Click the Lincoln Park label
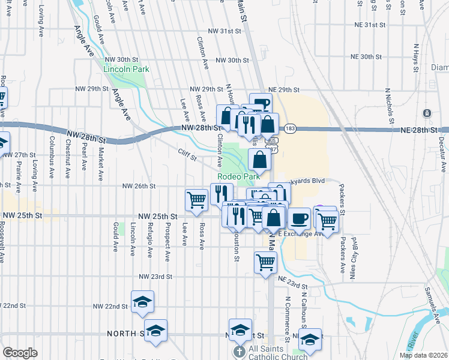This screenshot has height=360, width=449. [x=126, y=69]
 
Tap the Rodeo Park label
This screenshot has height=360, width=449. [x=239, y=176]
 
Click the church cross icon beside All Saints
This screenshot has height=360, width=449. [x=240, y=350]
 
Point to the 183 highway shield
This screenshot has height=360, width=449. [x=291, y=128]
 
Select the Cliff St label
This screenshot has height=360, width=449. [x=187, y=155]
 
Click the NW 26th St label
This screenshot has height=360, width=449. [x=139, y=187]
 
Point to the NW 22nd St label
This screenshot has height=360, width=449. [x=110, y=306]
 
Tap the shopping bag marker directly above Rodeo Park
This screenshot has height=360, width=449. [x=259, y=160]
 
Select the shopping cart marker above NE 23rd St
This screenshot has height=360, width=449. [x=265, y=262]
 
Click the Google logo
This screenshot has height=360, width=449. [x=20, y=353]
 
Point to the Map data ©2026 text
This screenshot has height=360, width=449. [x=423, y=355]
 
